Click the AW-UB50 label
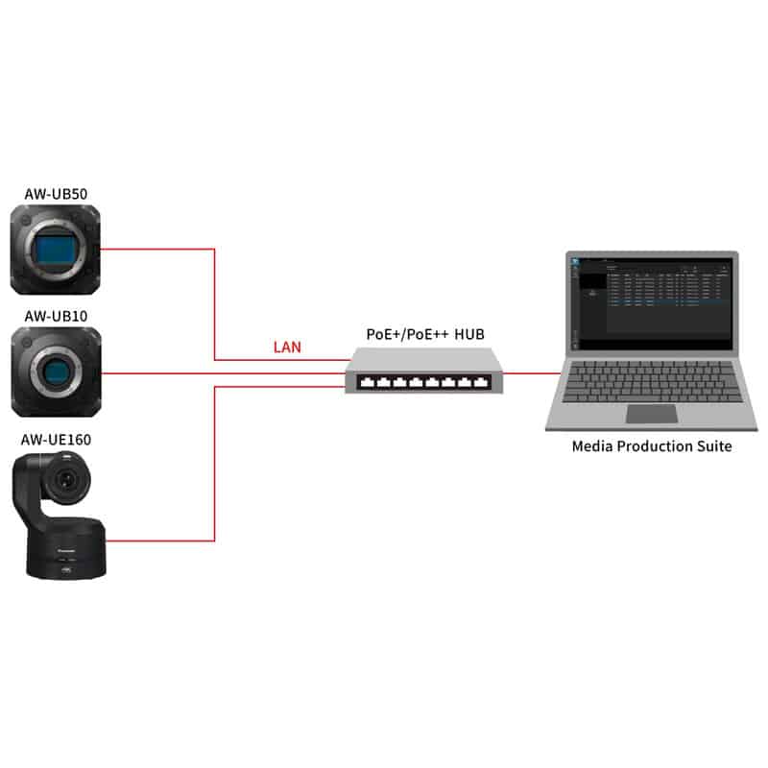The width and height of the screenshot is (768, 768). pos(55,196)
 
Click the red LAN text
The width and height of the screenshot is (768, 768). pos(286,347)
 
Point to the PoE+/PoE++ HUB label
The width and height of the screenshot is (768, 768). pos(425,334)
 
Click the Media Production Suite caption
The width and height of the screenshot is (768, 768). pos(652,445)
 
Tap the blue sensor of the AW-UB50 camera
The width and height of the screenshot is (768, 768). pos(55,251)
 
